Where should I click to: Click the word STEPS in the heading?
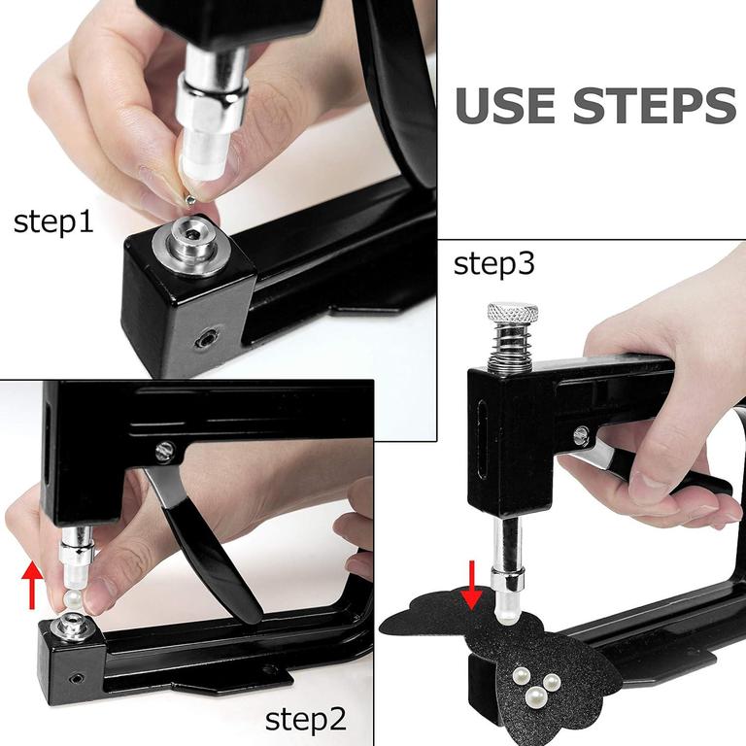[x=654, y=106]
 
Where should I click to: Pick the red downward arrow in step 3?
[x=473, y=585]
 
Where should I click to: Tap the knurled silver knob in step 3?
[x=511, y=317]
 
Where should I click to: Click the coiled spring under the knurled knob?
[x=511, y=350]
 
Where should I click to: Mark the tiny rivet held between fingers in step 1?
[x=193, y=197]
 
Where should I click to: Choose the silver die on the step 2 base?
[x=74, y=621]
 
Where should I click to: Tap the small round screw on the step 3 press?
[x=580, y=436]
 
